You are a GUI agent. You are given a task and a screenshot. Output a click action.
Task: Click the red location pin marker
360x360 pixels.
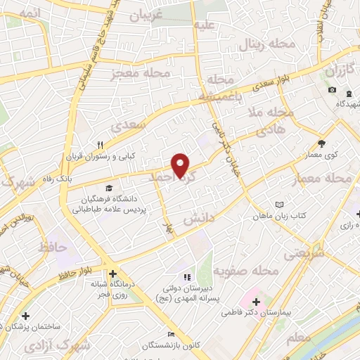pyautogui.click(x=181, y=165)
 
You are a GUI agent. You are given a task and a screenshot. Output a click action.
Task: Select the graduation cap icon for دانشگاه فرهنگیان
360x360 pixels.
pyautogui.click(x=108, y=188)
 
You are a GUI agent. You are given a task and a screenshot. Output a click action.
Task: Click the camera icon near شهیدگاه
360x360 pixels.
pyautogui.click(x=333, y=91)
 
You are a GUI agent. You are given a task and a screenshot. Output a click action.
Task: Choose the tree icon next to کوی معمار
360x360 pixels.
pyautogui.click(x=321, y=141)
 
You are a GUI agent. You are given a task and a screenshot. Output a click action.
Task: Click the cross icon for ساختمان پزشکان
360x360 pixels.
pyautogui.click(x=26, y=316)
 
